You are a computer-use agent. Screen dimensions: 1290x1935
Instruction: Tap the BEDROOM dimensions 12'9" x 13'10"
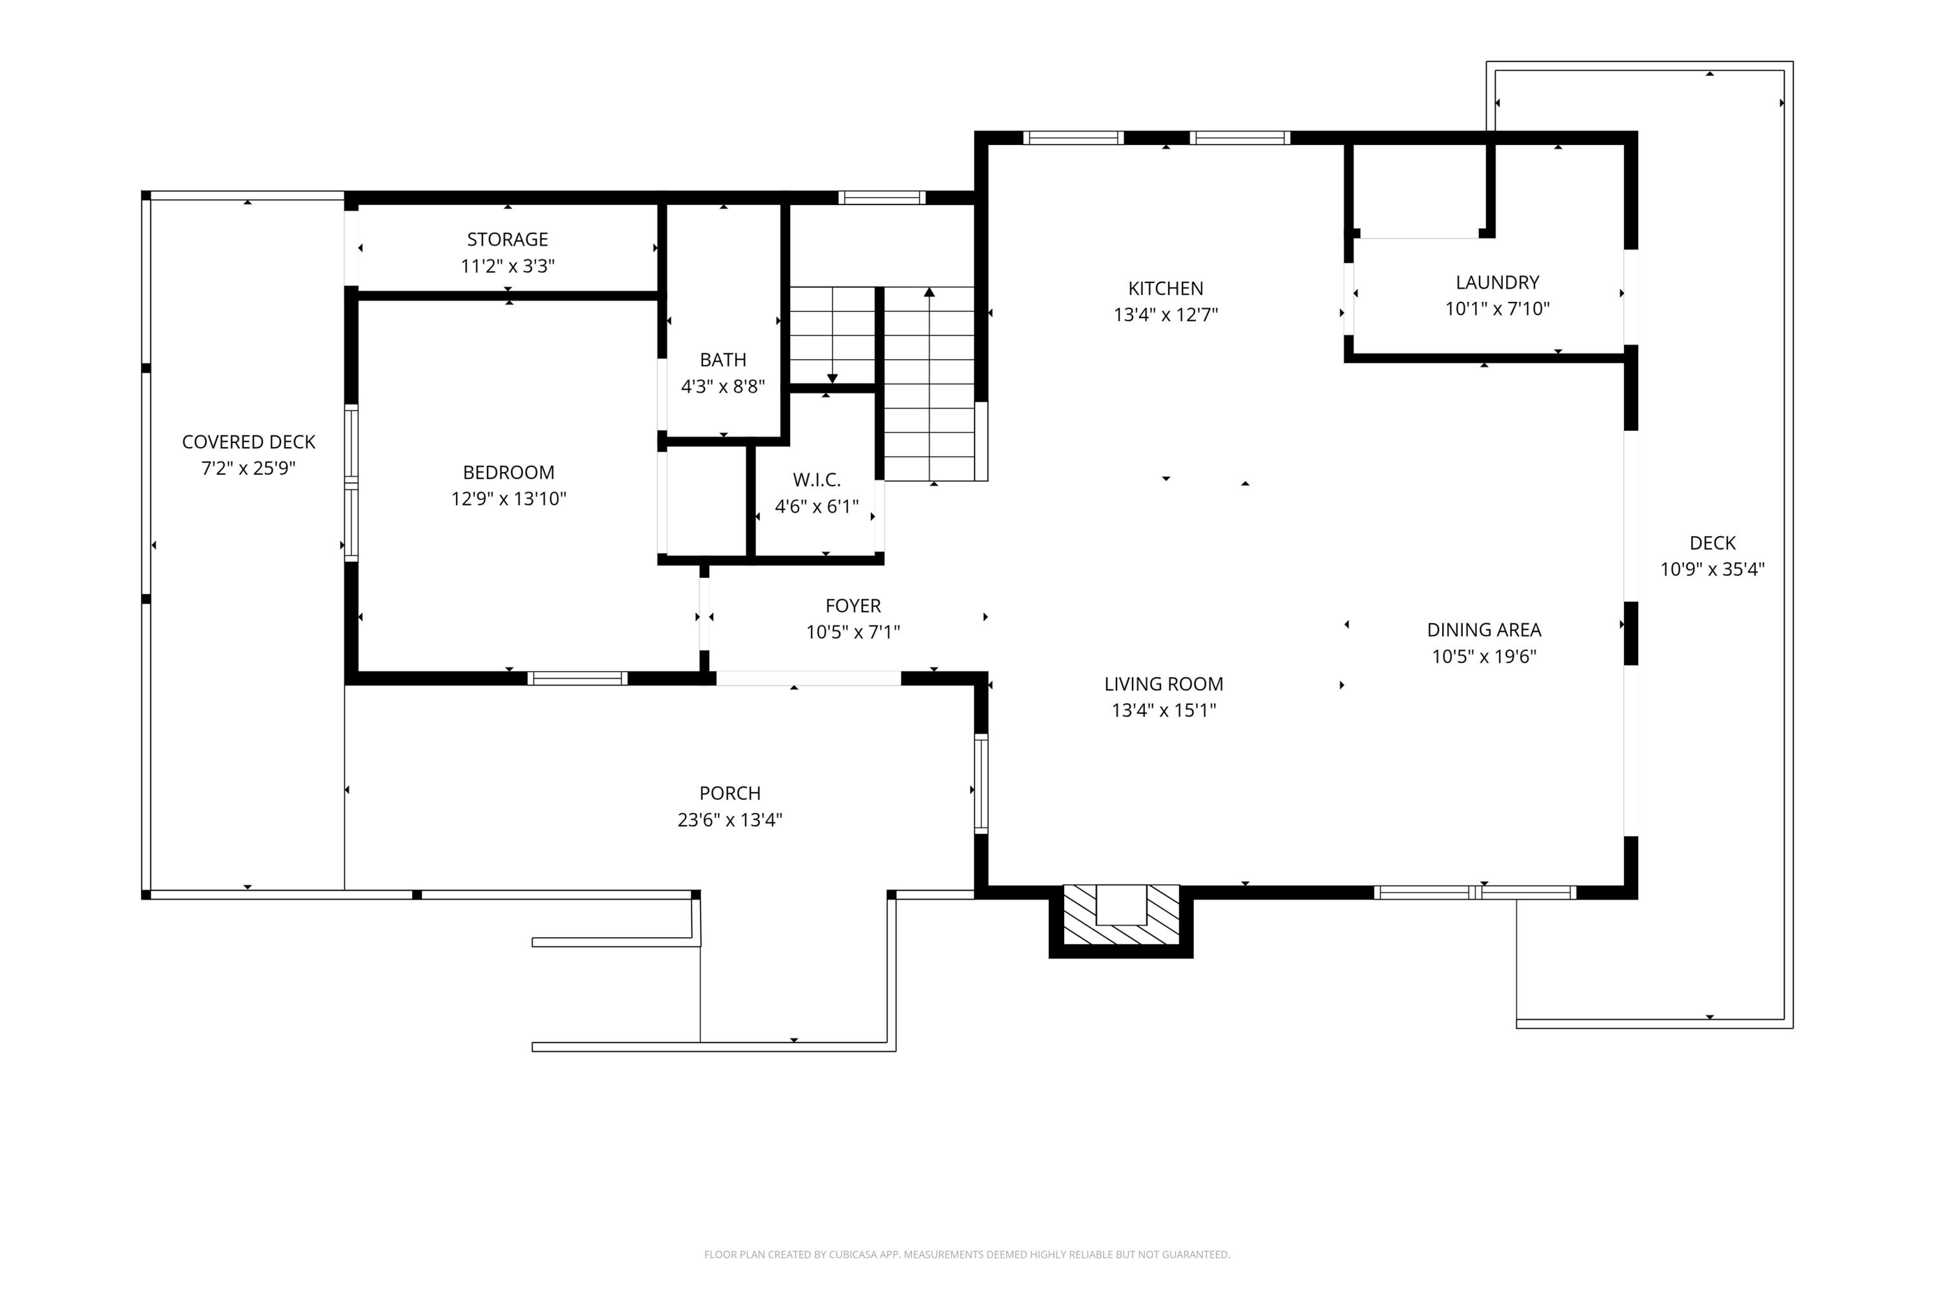(x=508, y=499)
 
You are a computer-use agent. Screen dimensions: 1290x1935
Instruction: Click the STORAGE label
(x=507, y=239)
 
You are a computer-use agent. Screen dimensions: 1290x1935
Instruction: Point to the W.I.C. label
(x=816, y=480)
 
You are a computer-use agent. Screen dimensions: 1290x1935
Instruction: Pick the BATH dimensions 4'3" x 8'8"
(x=722, y=386)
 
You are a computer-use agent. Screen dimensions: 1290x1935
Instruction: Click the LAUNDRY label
(x=1496, y=283)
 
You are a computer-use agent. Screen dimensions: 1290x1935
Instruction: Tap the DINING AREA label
(x=1483, y=630)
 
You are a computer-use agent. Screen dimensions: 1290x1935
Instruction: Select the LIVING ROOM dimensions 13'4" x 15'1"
(x=1164, y=711)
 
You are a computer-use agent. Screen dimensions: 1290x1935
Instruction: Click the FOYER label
(x=852, y=606)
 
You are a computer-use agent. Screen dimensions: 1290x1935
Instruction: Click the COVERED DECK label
(x=248, y=442)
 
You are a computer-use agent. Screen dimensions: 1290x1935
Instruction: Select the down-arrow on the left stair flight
(x=832, y=377)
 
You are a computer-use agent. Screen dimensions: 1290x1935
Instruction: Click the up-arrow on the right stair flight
(x=929, y=293)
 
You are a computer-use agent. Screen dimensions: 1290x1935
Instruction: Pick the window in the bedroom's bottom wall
(x=577, y=679)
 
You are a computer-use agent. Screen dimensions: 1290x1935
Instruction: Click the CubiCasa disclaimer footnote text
(x=967, y=1255)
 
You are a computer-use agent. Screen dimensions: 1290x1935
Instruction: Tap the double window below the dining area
(x=1474, y=893)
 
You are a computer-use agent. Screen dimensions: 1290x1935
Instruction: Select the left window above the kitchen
(x=1073, y=138)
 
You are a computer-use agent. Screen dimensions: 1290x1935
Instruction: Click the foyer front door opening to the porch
(x=808, y=679)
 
